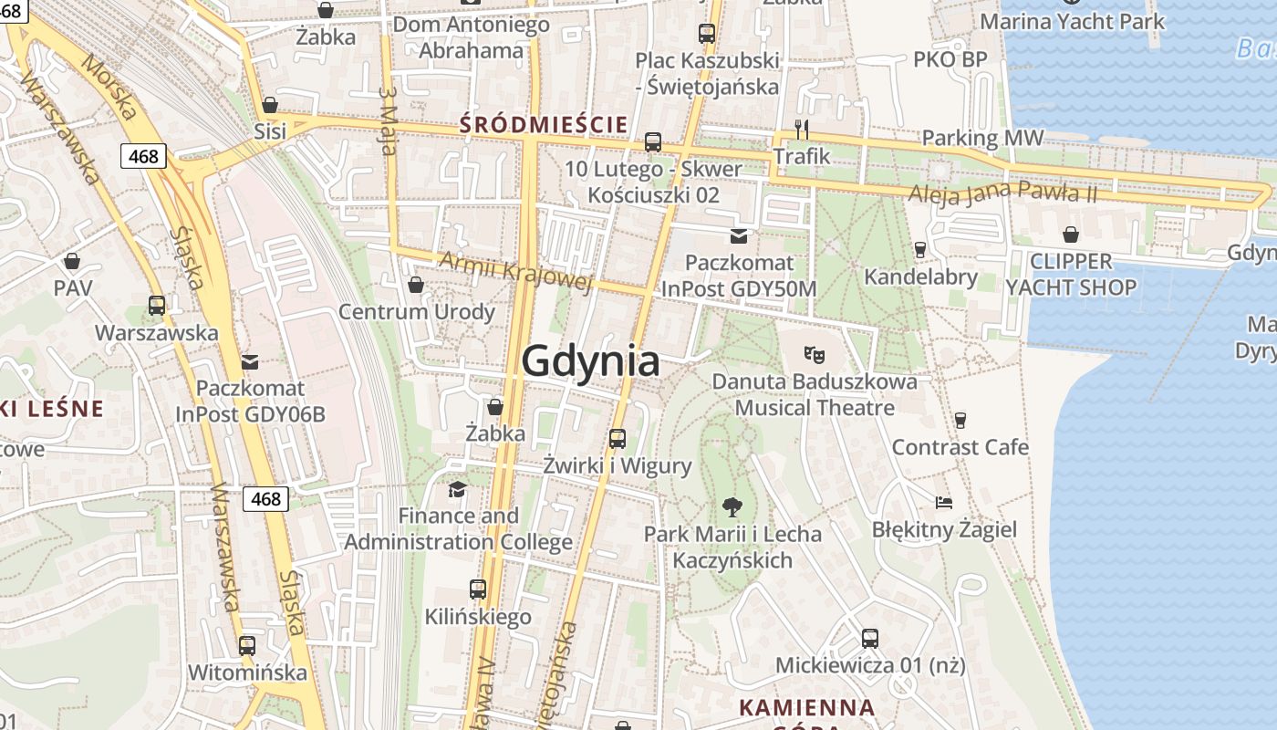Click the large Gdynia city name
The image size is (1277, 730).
point(590,362)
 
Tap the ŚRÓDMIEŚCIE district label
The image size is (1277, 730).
point(544,124)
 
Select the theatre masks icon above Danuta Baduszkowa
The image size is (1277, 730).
point(814,353)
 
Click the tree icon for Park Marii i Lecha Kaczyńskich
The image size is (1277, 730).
point(732,506)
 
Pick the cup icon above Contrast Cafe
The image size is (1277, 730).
point(960,420)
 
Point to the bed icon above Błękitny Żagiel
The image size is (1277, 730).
point(944,502)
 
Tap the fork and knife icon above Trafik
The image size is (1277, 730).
point(802,129)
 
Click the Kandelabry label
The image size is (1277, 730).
point(920,276)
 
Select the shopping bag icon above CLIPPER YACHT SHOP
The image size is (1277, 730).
point(1071,235)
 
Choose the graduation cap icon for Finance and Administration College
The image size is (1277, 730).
point(457,489)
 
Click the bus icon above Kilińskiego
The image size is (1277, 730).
point(478,589)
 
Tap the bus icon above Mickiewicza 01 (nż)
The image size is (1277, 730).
point(870,638)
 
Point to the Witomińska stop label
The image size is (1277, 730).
point(247,673)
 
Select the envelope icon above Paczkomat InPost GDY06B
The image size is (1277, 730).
point(250,361)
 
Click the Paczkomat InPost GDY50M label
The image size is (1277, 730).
point(739,276)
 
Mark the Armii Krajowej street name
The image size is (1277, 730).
point(515,271)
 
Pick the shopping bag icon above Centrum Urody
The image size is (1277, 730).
point(416,285)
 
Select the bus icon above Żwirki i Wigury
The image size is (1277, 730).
point(618,439)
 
